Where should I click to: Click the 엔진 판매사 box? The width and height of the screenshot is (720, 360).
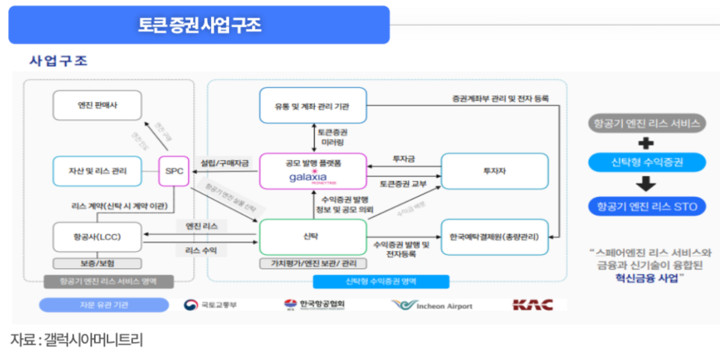coord(97,106)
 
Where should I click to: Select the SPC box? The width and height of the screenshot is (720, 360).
coord(173,171)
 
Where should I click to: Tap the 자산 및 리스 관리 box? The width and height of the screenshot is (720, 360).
coord(97,171)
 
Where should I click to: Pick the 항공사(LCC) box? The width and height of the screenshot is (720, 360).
coord(97,237)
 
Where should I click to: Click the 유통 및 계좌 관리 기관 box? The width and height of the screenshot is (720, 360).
coord(313,107)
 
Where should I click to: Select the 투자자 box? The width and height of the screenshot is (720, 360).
coord(494,171)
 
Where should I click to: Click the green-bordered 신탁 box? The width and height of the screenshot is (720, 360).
coord(313,236)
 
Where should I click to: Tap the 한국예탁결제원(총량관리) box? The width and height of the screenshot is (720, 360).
coord(494,236)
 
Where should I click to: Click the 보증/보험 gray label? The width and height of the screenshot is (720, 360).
coord(97,263)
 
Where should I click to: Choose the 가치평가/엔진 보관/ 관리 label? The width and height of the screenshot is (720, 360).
coord(313,263)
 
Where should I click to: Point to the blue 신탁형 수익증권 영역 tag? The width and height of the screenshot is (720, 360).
coord(381,281)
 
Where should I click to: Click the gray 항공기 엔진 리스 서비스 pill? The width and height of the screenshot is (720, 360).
coord(647,124)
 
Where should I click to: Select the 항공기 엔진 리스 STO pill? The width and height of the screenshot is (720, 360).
coord(647,206)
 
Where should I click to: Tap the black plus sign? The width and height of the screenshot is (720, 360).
coord(646,143)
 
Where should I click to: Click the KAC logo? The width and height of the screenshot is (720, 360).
coord(532,305)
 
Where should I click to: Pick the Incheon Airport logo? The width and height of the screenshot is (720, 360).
coord(432,305)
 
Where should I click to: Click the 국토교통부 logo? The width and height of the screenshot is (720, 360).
coord(211,305)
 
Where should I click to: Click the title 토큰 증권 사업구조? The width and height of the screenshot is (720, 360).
coord(199,25)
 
